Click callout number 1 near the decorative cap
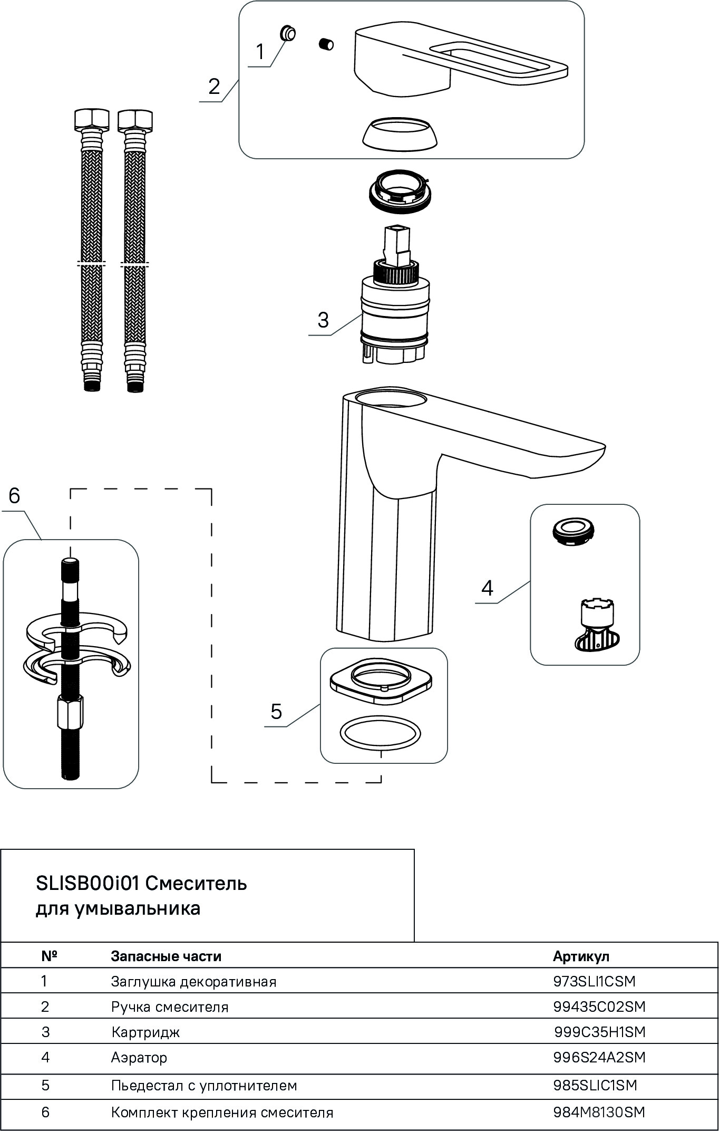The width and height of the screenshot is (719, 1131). [259, 52]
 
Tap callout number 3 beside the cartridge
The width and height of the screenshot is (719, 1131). [323, 320]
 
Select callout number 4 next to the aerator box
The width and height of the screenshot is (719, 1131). [487, 588]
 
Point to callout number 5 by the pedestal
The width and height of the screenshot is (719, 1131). [276, 712]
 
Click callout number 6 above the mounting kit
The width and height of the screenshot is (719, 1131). [14, 496]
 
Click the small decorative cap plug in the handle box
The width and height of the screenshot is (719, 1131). [288, 33]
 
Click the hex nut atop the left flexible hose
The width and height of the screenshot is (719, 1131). [92, 119]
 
